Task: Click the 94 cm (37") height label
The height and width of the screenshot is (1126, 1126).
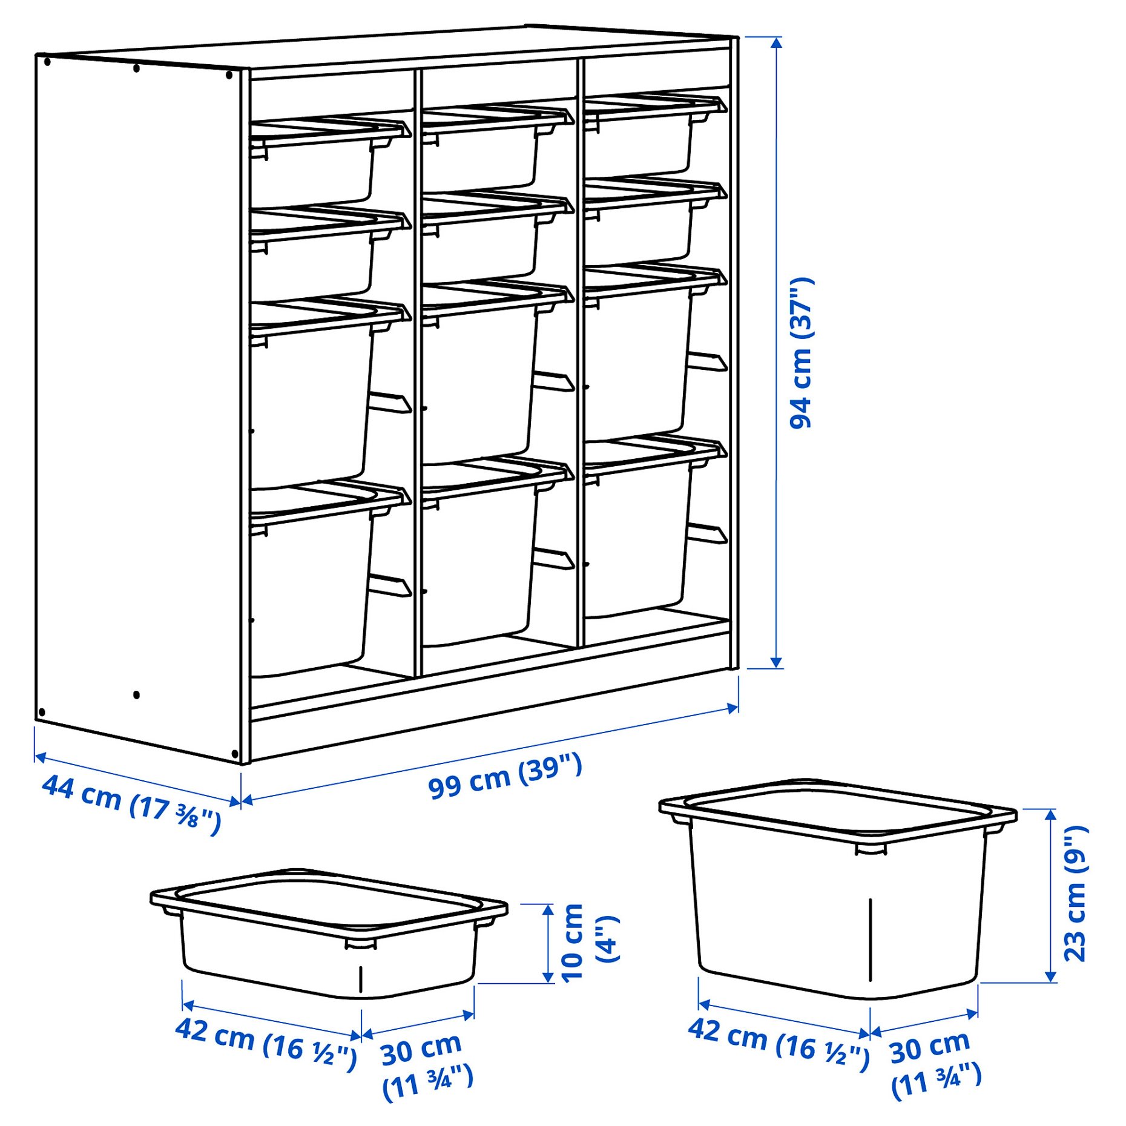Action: pos(802,354)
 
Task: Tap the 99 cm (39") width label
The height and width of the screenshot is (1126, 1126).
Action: pos(505,777)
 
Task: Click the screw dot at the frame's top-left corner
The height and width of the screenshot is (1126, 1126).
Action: pos(47,62)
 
